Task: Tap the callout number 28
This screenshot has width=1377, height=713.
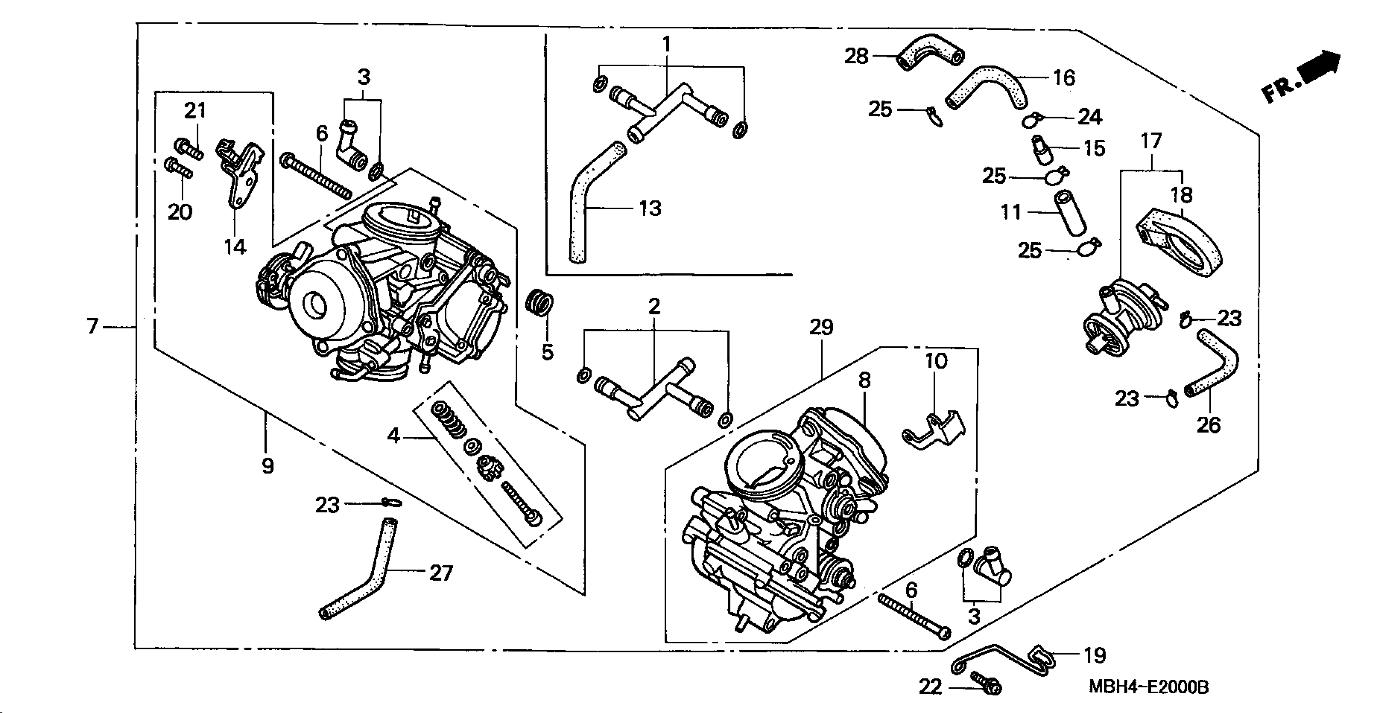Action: pyautogui.click(x=856, y=56)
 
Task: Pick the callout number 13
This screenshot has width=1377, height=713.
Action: pyautogui.click(x=650, y=208)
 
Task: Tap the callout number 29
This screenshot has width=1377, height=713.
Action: pyautogui.click(x=821, y=327)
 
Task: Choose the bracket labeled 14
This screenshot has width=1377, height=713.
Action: pyautogui.click(x=239, y=174)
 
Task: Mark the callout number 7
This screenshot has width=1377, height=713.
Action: pyautogui.click(x=92, y=325)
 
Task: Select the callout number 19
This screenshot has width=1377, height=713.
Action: pyautogui.click(x=1094, y=655)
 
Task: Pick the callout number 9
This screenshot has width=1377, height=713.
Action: pyautogui.click(x=268, y=466)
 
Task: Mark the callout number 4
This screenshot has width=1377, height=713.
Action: pyautogui.click(x=394, y=436)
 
